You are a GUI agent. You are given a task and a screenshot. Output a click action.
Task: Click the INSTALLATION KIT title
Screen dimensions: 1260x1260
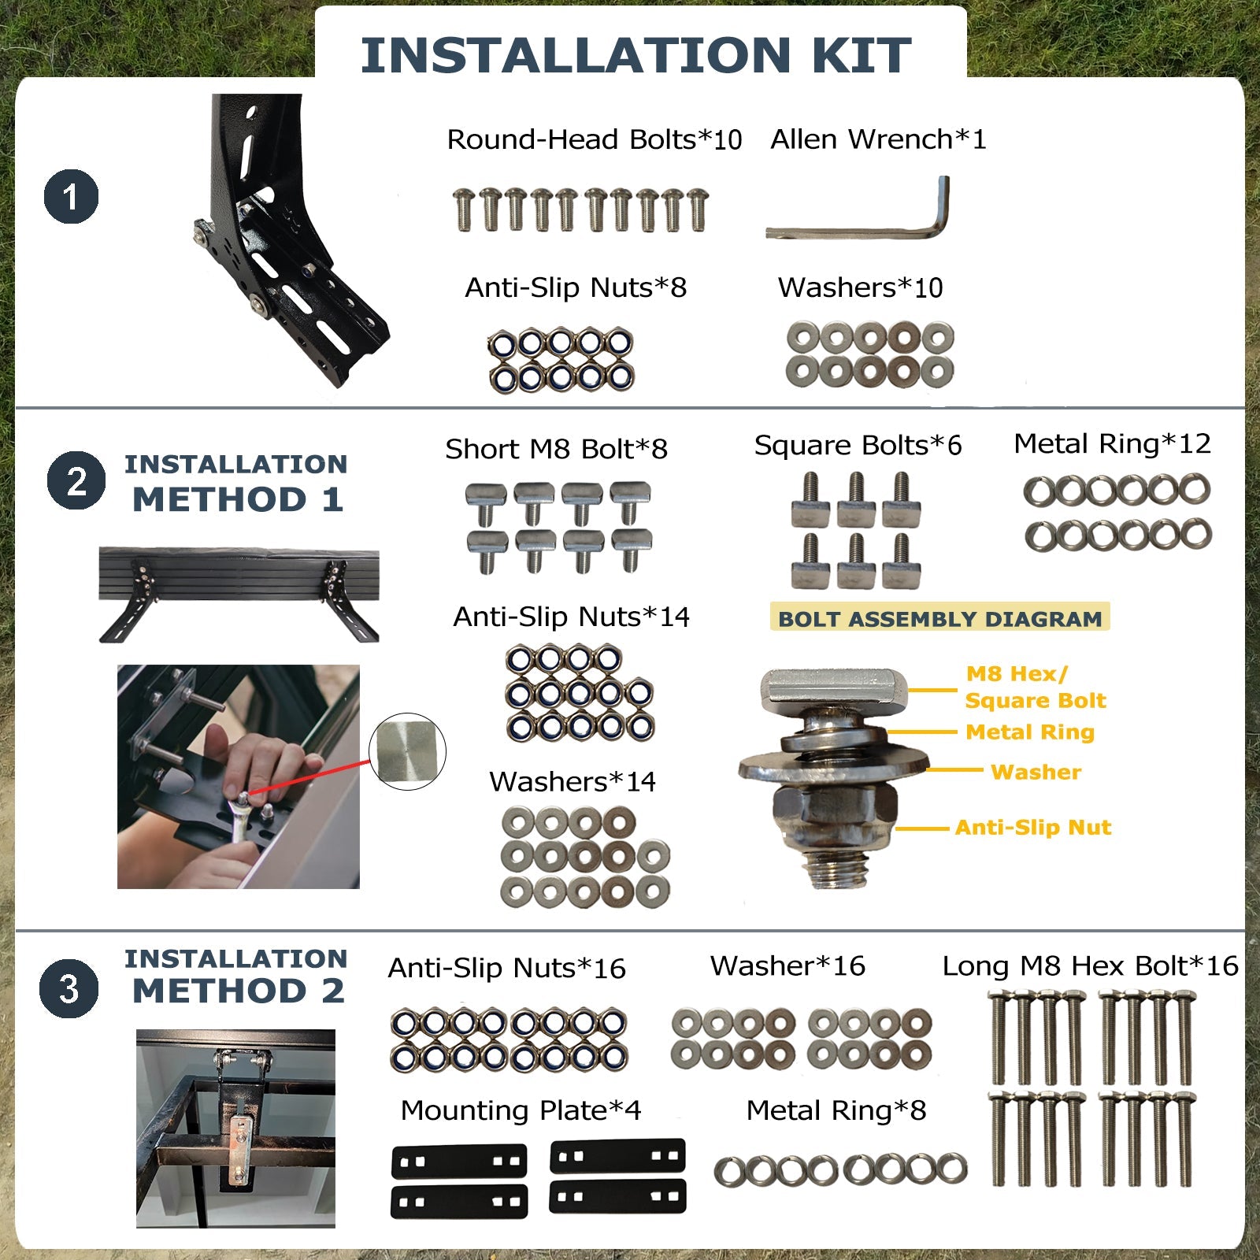click(x=636, y=54)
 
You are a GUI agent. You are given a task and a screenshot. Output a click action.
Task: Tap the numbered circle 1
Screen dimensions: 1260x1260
click(x=71, y=197)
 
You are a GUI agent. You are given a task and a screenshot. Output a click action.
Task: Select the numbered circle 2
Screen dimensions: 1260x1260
click(x=76, y=480)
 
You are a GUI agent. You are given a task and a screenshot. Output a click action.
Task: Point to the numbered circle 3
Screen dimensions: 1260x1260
click(x=69, y=988)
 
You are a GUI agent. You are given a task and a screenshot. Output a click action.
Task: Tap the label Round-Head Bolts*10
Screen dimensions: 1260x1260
click(x=595, y=139)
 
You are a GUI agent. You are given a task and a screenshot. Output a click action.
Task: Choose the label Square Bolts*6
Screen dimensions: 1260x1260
click(x=858, y=446)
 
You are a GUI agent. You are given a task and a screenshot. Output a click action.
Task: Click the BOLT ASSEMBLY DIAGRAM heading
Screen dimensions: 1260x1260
click(x=939, y=618)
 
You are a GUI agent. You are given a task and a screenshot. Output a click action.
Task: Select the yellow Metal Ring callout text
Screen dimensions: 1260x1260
click(x=1030, y=732)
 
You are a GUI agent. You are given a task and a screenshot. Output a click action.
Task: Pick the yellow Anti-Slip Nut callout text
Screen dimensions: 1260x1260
click(x=1033, y=827)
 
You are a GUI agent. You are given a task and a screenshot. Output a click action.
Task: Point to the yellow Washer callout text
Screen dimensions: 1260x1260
click(x=1036, y=772)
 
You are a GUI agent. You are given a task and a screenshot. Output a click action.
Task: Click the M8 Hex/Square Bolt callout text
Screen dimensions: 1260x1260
click(x=1036, y=687)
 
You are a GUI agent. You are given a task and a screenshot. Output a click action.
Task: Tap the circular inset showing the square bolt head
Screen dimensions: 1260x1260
click(x=407, y=752)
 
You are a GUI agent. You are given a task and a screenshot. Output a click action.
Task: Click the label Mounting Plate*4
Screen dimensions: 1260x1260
click(x=521, y=1110)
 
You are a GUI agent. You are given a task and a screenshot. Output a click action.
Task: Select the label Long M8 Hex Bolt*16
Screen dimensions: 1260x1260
click(x=1090, y=965)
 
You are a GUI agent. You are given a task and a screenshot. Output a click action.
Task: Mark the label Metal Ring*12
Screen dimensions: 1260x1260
click(x=1112, y=443)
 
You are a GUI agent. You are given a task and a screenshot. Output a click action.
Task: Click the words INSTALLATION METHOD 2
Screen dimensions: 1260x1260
click(x=236, y=976)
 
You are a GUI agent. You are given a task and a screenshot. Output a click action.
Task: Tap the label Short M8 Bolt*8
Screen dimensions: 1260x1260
click(x=556, y=449)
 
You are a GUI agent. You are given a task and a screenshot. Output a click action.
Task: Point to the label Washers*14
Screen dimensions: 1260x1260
click(x=573, y=781)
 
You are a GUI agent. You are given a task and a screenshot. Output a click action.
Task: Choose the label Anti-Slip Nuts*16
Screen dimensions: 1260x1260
click(x=506, y=968)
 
